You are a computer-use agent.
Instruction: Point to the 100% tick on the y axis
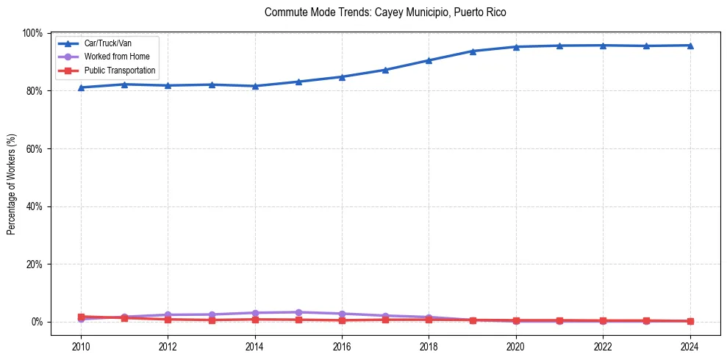[32, 33]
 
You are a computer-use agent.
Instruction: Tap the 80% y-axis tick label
[34, 91]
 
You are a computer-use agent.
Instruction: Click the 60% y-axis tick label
[34, 148]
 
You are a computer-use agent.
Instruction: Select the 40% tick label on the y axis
[34, 206]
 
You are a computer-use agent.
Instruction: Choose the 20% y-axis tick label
[34, 264]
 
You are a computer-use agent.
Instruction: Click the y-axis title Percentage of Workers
[12, 179]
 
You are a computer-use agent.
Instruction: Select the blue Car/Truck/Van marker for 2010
[81, 87]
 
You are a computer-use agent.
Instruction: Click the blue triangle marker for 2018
[429, 60]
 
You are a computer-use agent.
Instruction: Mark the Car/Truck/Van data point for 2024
[690, 46]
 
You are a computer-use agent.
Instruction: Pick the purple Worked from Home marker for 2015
[298, 312]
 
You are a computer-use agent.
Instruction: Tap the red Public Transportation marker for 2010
[81, 317]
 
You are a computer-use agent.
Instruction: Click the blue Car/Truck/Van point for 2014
[255, 86]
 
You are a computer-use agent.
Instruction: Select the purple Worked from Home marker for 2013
[212, 314]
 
